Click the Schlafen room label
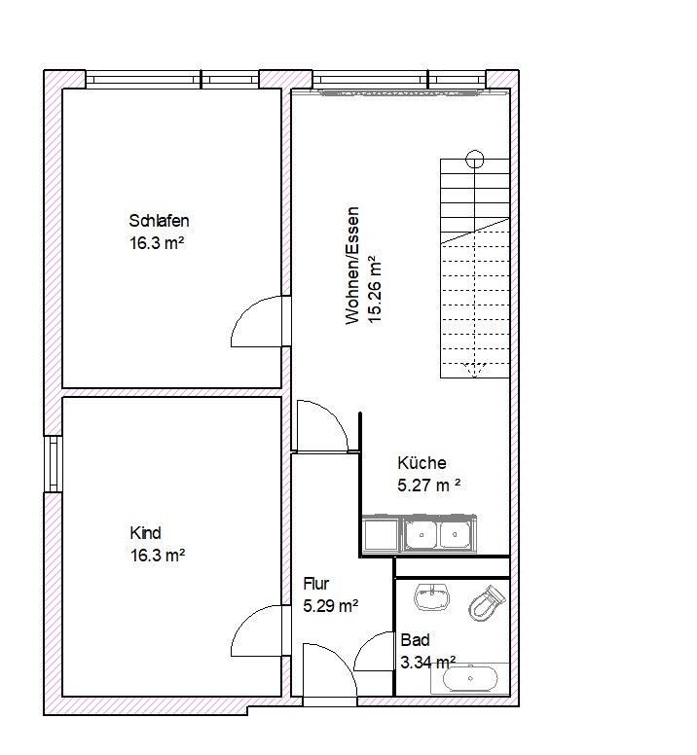pos(159,219)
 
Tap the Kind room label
pos(145,533)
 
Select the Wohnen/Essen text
pos(352,265)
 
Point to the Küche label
pos(422,463)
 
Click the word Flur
pos(315,584)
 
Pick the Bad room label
pos(415,641)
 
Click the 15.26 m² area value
pos(373,287)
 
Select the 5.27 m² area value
pos(428,485)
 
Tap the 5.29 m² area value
pos(331,605)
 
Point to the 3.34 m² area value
pos(428,663)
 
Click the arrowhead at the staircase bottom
pos(474,369)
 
